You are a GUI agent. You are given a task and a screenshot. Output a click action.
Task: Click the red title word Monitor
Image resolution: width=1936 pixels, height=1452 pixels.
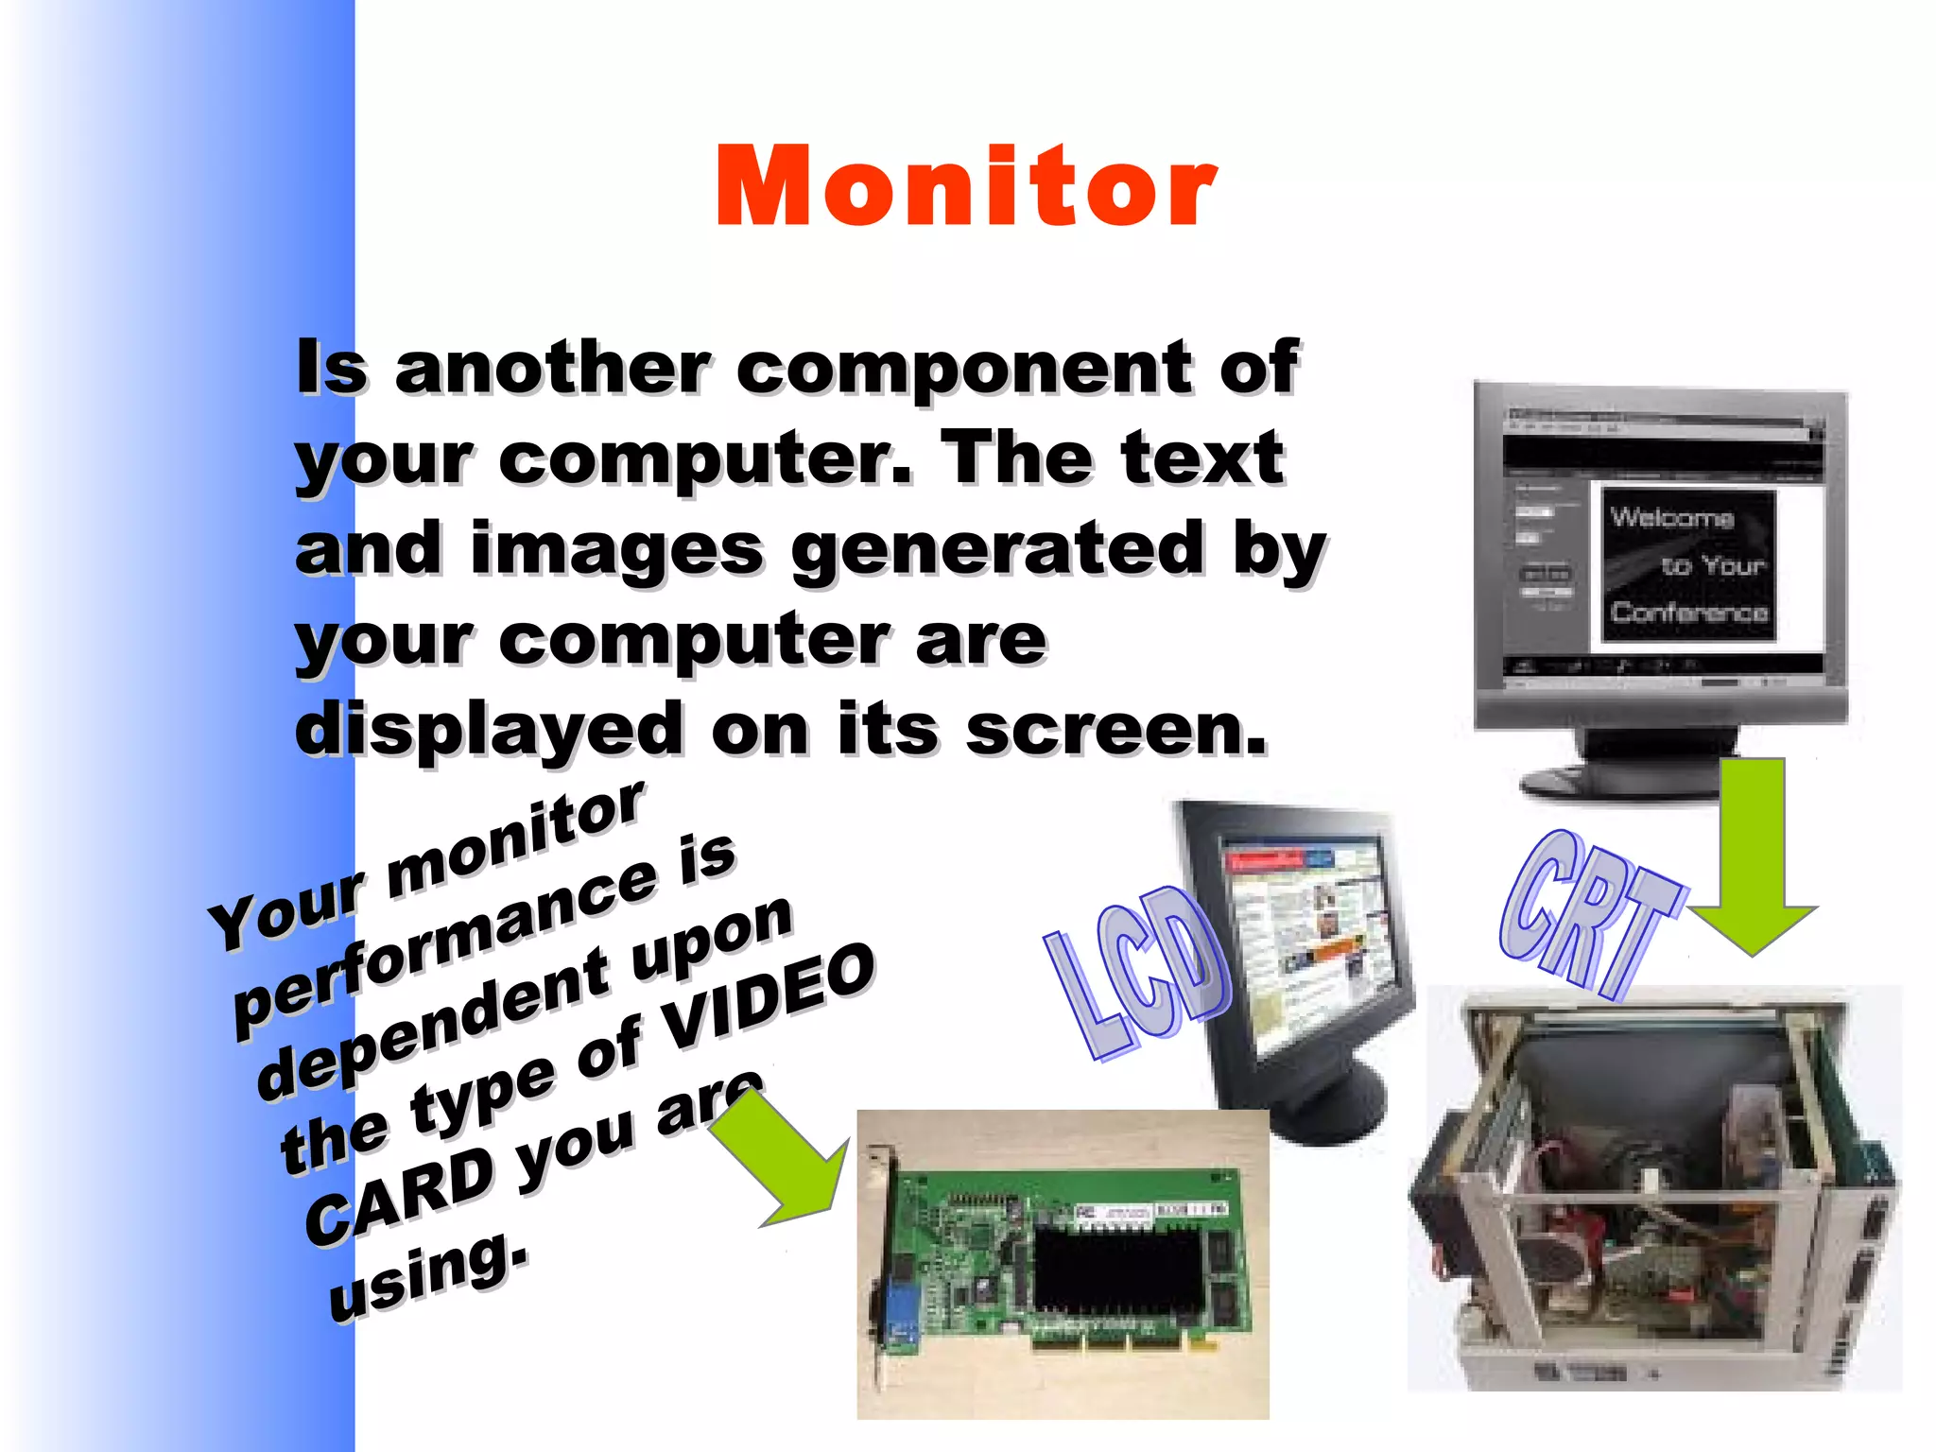click(966, 186)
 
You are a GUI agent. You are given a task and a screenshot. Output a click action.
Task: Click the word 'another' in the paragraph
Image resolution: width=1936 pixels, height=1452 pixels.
click(552, 368)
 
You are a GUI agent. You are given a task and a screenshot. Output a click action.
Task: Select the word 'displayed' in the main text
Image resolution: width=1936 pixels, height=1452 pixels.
click(489, 731)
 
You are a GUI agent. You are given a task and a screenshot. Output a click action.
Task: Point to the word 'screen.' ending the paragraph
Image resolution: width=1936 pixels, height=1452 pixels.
click(1115, 731)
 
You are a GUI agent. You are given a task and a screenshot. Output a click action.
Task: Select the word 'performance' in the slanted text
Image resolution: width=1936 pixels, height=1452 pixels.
click(444, 936)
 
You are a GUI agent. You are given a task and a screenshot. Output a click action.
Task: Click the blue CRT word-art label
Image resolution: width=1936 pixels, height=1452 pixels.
click(1588, 912)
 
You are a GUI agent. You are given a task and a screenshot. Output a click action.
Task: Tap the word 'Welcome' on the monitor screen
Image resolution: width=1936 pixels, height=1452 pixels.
click(1671, 517)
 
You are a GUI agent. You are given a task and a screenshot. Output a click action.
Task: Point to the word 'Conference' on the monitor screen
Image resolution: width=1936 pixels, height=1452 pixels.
click(1689, 613)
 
